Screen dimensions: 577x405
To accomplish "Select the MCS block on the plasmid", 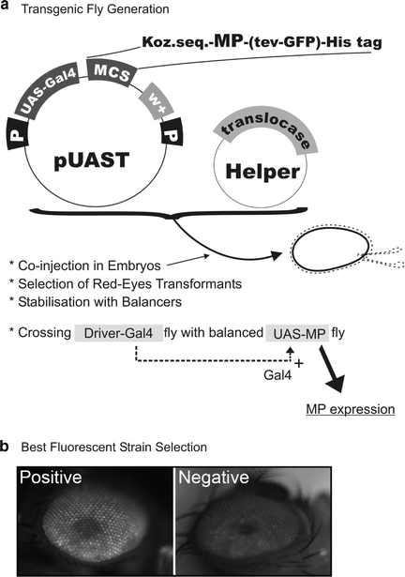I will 110,68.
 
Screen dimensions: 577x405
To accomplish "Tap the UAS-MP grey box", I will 298,333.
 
